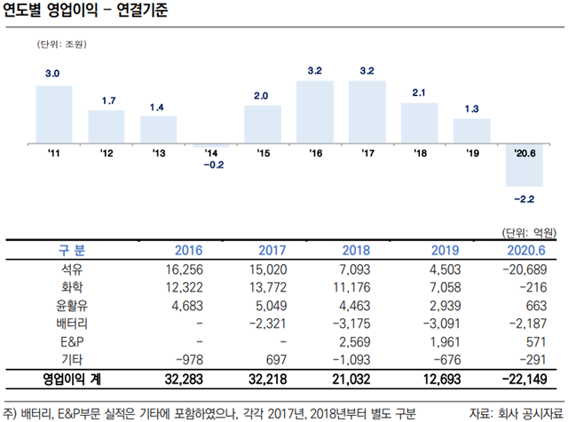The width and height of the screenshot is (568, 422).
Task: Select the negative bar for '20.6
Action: (524, 165)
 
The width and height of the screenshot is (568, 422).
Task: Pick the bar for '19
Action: (471, 130)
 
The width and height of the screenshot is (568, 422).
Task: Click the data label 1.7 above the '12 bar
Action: (106, 101)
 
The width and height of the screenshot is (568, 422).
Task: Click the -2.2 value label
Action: (525, 199)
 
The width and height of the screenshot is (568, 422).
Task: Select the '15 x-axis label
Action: (263, 153)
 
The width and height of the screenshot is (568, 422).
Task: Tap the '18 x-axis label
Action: (420, 153)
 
